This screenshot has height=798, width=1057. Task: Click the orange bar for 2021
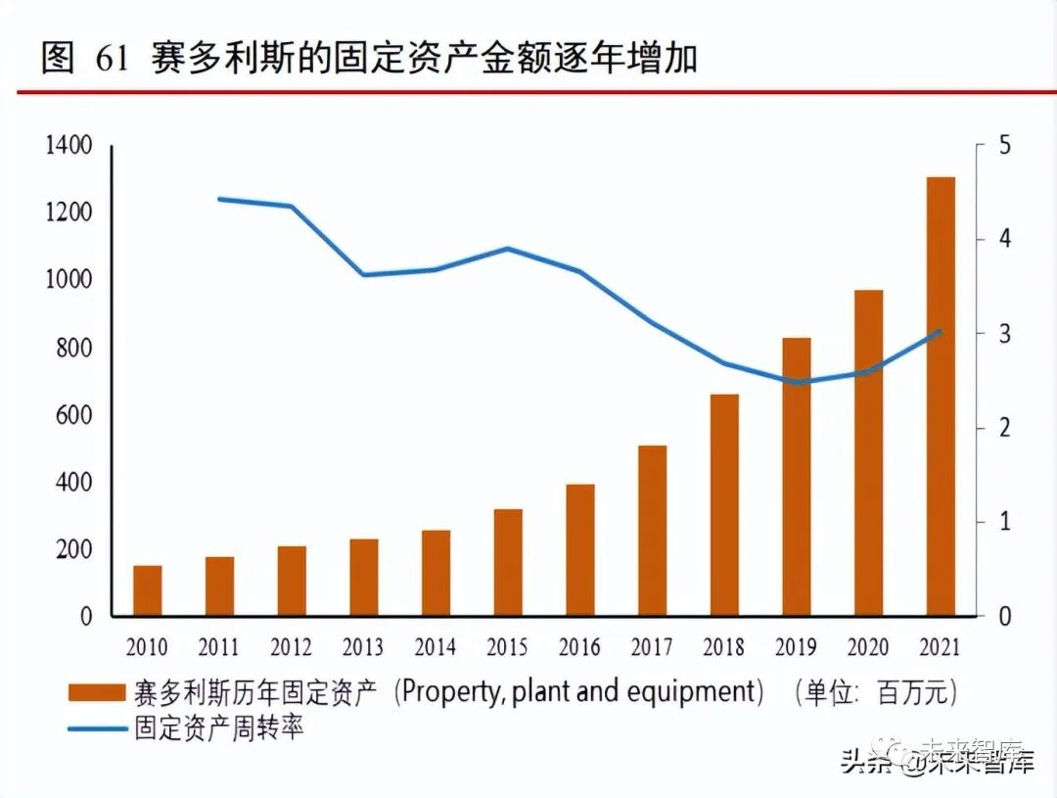coord(941,397)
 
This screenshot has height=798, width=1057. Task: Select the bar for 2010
coord(148,590)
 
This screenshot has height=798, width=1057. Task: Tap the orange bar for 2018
coord(724,505)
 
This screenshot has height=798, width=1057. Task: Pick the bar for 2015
coord(508,562)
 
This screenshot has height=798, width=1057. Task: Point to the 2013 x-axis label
coord(363,647)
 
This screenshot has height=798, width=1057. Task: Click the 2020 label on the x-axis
coord(868,647)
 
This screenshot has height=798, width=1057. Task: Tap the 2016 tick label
coord(579,647)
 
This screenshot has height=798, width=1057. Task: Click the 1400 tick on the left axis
coord(68,146)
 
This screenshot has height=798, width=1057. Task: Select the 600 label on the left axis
coord(72,415)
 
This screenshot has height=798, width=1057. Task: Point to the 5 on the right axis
coord(1004,146)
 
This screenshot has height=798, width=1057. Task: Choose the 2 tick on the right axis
coord(1004,428)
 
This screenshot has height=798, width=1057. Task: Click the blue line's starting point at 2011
coord(219,199)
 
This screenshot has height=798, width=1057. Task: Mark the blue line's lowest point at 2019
coord(797,382)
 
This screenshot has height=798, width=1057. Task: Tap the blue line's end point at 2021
coord(941,331)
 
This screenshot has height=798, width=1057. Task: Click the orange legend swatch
coord(97,693)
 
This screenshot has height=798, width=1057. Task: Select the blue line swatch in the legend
coord(97,728)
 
